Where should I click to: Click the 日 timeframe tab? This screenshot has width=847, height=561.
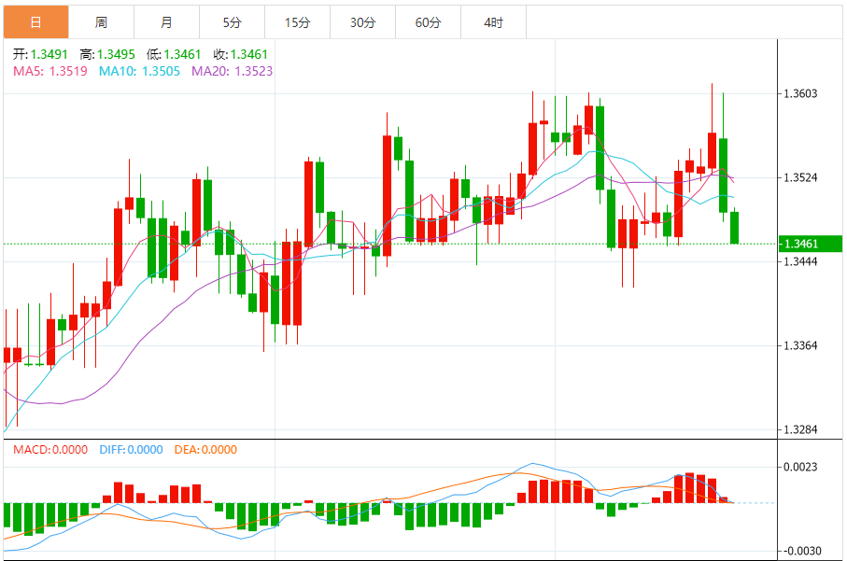point(35,22)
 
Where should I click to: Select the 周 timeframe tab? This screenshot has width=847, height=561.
point(101,22)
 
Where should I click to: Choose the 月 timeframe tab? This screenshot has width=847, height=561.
point(166,22)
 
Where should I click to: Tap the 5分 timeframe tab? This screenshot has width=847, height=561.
point(232,22)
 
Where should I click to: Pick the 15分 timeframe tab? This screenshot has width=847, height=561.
point(297,22)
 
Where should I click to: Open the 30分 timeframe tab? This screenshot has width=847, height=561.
point(362,22)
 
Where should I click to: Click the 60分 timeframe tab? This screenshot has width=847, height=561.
point(428,22)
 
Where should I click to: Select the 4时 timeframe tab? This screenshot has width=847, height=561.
point(493,22)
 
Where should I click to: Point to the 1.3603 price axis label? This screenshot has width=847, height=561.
point(801,93)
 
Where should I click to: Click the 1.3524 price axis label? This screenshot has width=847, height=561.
point(801,177)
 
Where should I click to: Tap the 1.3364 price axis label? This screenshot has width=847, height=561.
point(801,345)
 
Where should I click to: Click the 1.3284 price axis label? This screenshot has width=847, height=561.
point(801,430)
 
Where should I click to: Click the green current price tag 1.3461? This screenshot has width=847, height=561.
point(801,244)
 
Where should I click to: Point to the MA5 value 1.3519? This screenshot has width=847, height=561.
point(68,71)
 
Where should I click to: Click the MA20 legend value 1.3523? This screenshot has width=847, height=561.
point(252,71)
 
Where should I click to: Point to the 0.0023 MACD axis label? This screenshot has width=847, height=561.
point(801,467)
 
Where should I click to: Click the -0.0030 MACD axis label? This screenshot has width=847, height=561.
point(801,551)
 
